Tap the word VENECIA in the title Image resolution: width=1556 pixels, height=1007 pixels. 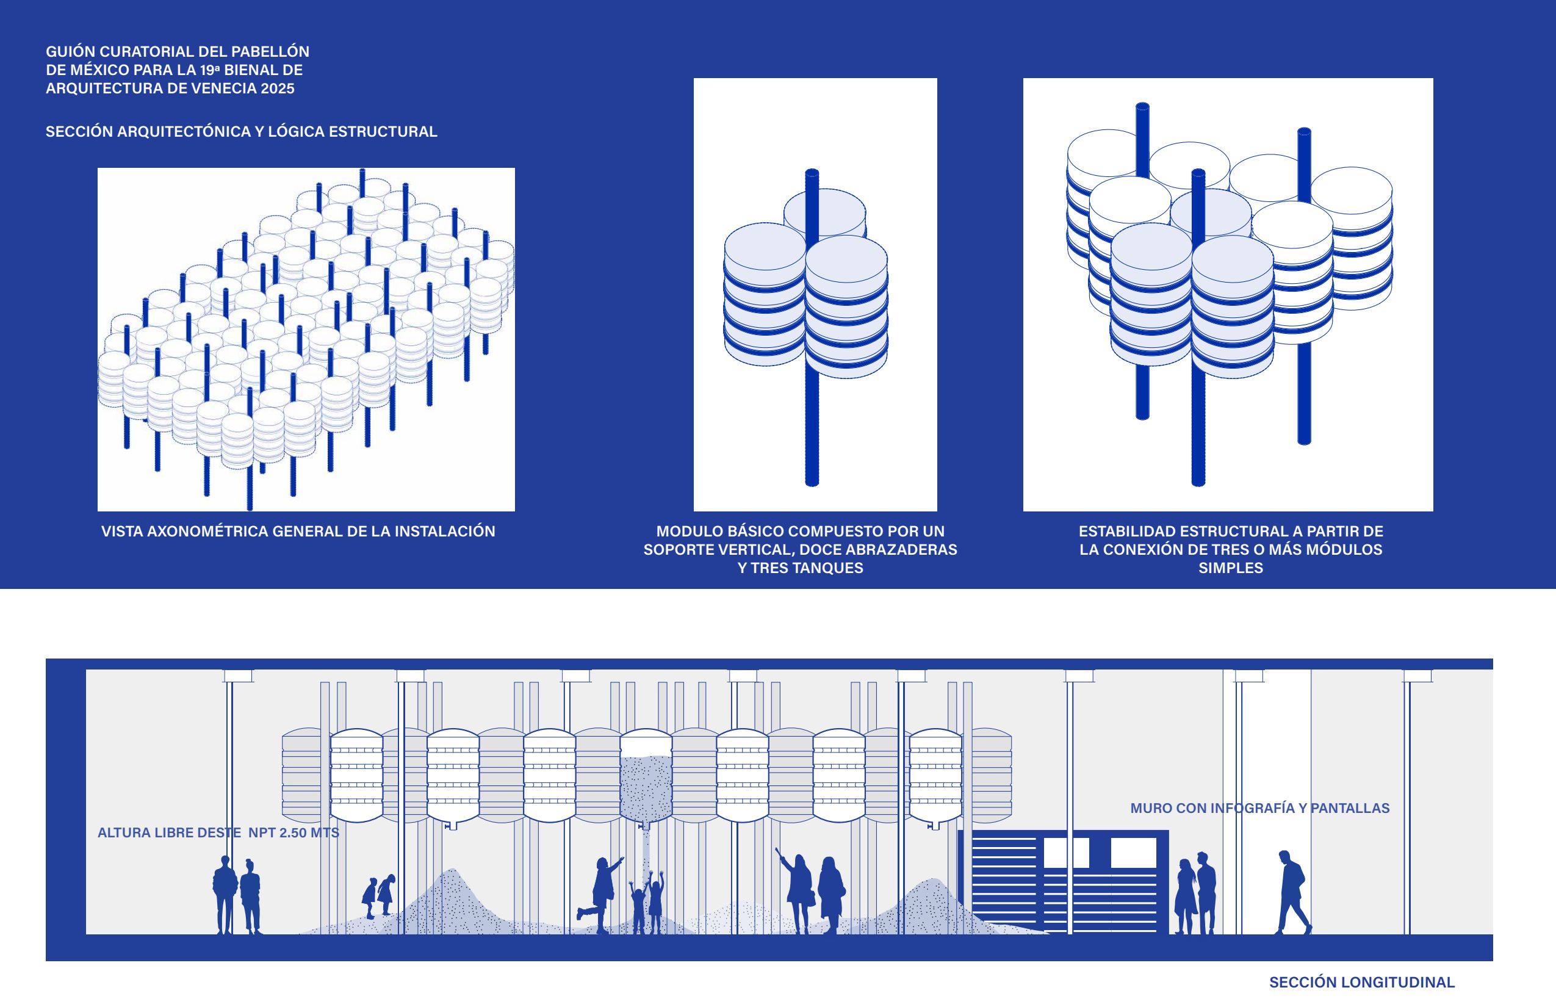click(230, 88)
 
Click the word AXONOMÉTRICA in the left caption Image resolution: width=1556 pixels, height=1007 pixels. click(208, 531)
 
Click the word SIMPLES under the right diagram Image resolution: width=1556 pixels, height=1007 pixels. click(1230, 568)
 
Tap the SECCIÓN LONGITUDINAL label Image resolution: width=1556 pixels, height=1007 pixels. click(1362, 982)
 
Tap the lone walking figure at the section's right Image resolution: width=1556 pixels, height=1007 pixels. click(1292, 892)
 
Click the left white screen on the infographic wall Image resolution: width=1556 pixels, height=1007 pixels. click(1065, 853)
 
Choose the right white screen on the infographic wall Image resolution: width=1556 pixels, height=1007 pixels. click(1134, 853)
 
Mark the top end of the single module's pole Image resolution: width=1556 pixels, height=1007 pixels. click(812, 174)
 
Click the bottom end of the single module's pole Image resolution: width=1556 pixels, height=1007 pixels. click(812, 482)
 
